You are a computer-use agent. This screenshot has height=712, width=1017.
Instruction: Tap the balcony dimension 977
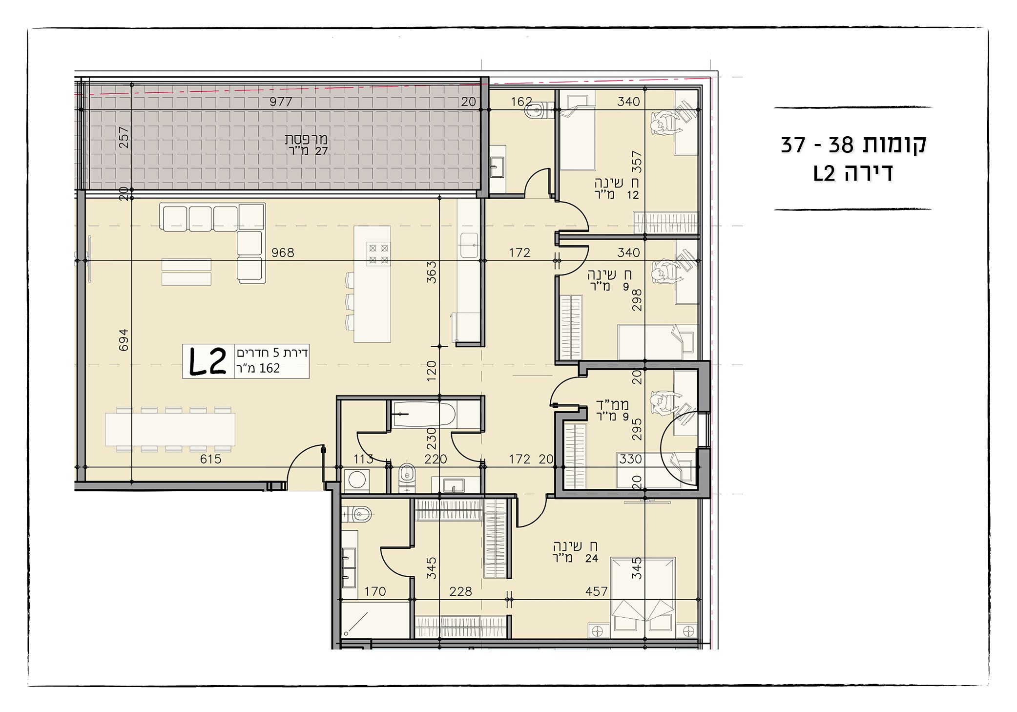point(281,102)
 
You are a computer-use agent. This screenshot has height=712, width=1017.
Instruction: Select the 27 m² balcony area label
point(307,146)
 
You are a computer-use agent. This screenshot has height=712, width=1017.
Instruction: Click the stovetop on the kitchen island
point(378,254)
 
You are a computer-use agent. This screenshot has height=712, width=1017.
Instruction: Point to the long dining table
point(170,429)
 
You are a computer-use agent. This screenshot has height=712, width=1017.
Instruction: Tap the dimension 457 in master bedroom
point(596,592)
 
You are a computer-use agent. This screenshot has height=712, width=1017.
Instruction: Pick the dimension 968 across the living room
point(283,252)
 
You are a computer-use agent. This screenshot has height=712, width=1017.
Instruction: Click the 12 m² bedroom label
point(616,189)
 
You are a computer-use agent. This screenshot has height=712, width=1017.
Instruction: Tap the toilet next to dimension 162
point(536,110)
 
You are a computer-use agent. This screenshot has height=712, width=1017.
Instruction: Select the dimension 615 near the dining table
point(210,459)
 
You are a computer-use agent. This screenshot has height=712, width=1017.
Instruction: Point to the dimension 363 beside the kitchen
point(431,272)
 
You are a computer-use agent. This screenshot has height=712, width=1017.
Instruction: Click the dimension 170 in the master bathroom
point(375,592)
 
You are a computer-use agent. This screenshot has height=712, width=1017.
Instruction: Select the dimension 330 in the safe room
point(630,459)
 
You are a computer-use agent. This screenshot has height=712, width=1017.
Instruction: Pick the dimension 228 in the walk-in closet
point(460,592)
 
